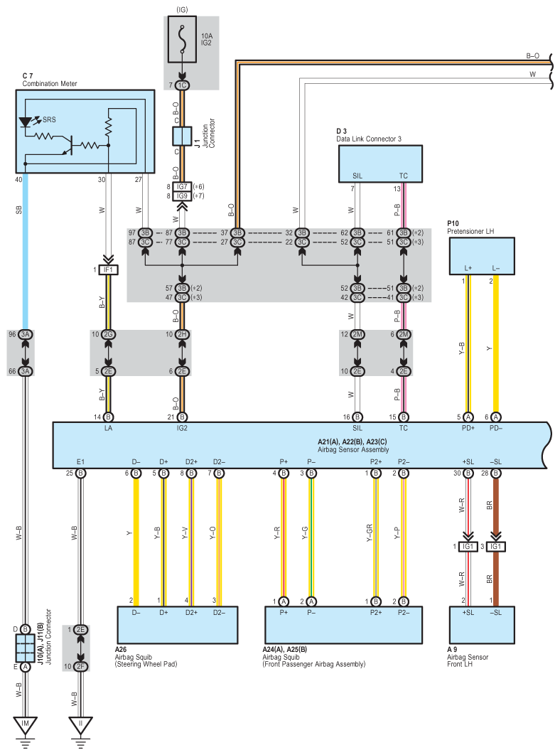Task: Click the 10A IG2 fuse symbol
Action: point(182,40)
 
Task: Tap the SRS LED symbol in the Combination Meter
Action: point(25,122)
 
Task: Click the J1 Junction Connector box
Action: point(182,136)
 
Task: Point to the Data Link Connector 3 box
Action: point(380,164)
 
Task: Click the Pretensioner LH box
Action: point(482,256)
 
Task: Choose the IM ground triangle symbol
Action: point(26,724)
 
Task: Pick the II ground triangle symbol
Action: point(80,724)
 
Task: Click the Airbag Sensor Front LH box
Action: point(482,625)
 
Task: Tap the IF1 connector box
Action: point(108,270)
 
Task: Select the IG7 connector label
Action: point(182,187)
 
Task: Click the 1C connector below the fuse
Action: point(182,85)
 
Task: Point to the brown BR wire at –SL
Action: point(495,540)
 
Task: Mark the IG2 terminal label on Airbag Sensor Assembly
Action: point(182,428)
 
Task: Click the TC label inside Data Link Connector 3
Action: point(404,176)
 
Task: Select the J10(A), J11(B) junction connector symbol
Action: point(26,648)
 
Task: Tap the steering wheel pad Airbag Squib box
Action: point(178,625)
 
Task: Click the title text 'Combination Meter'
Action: point(50,84)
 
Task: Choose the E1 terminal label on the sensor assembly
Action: point(80,462)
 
